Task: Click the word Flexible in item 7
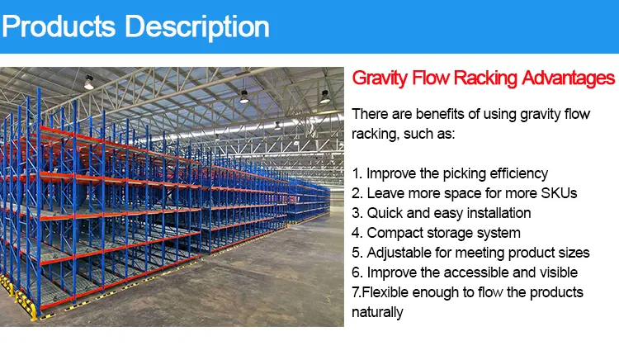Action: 389,292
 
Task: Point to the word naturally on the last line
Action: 378,312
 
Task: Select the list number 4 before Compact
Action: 357,233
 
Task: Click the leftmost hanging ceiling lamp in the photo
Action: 88,83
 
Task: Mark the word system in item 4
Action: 499,233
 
